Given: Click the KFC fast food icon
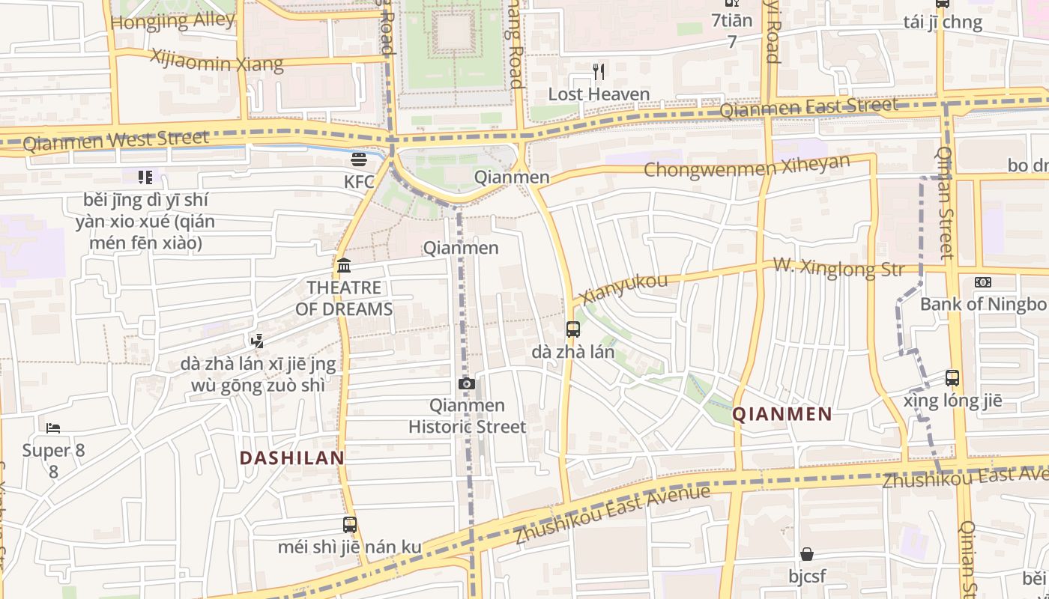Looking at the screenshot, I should click(x=358, y=159).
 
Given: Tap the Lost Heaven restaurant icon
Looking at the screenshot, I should click(x=598, y=72).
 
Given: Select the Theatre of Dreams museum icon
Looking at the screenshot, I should click(x=344, y=266).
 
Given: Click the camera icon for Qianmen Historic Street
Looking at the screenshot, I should click(x=466, y=384).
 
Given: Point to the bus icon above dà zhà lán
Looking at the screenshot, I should click(x=573, y=329).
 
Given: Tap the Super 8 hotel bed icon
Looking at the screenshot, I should click(x=53, y=428).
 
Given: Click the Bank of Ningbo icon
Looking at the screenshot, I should click(x=982, y=282).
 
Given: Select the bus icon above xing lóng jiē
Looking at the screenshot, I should click(x=952, y=378).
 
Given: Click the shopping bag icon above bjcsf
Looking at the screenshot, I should click(x=807, y=554).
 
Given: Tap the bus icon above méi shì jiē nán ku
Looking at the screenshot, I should click(x=350, y=525).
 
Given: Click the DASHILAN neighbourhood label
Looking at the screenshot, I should click(x=291, y=457).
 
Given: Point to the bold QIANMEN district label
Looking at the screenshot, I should click(x=782, y=414).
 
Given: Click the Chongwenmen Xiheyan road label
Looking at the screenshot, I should click(x=746, y=167).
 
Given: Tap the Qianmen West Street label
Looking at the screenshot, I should click(x=116, y=140).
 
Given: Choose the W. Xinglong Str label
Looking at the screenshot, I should click(x=838, y=267).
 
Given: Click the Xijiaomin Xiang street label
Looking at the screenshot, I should click(x=217, y=61).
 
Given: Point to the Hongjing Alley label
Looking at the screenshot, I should click(x=173, y=21).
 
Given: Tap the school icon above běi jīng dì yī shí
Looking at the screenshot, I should click(x=145, y=177).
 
